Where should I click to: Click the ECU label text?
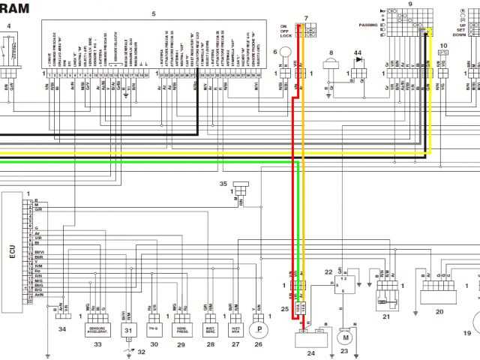tap(11, 250)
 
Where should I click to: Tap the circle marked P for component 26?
tap(259, 328)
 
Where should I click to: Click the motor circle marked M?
tap(346, 338)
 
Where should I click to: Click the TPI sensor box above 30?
tap(154, 328)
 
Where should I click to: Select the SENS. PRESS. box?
tap(181, 328)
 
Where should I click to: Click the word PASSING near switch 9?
tap(368, 25)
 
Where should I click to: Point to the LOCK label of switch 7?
tap(286, 35)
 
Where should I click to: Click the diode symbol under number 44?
tap(358, 65)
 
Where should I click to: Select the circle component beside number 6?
tap(286, 54)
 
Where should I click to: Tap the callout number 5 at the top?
tap(154, 14)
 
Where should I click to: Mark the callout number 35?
tap(223, 183)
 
